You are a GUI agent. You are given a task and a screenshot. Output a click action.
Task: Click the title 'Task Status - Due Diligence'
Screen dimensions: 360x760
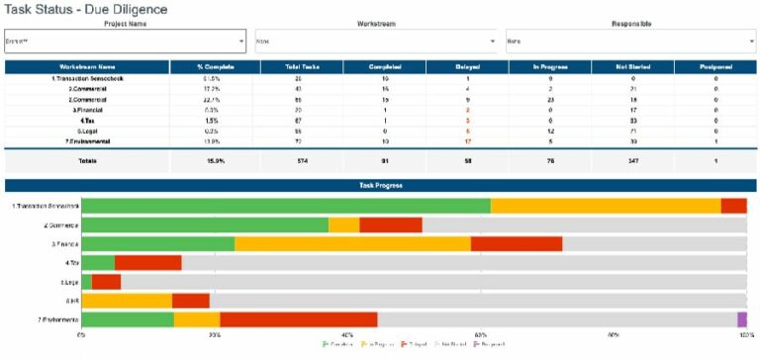(x=86, y=9)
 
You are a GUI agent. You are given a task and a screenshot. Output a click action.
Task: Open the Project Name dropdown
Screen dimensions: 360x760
(x=125, y=42)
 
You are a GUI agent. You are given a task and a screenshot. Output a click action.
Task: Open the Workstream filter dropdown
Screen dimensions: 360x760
(x=376, y=42)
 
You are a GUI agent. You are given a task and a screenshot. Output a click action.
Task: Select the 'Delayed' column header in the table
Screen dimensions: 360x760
(x=467, y=66)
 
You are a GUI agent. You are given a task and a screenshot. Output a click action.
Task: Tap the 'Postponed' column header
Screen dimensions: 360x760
(x=715, y=66)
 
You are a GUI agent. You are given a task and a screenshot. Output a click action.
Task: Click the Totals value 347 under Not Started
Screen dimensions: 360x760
(x=632, y=161)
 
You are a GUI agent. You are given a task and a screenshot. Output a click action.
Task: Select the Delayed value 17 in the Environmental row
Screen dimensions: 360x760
(x=467, y=141)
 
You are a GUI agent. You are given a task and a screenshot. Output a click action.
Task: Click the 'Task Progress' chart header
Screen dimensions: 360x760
(x=380, y=185)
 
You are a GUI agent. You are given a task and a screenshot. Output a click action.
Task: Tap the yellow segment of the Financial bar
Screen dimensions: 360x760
(x=352, y=243)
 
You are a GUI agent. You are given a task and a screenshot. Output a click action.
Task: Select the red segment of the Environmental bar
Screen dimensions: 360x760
(x=298, y=319)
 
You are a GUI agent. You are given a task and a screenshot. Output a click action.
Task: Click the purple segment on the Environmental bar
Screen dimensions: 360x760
(x=742, y=319)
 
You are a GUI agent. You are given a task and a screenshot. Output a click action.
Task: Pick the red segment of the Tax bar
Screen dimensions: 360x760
(x=147, y=263)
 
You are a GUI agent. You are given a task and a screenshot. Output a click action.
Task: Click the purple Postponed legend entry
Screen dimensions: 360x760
(x=492, y=344)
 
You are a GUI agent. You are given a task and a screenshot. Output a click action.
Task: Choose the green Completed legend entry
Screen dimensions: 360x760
(x=339, y=344)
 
